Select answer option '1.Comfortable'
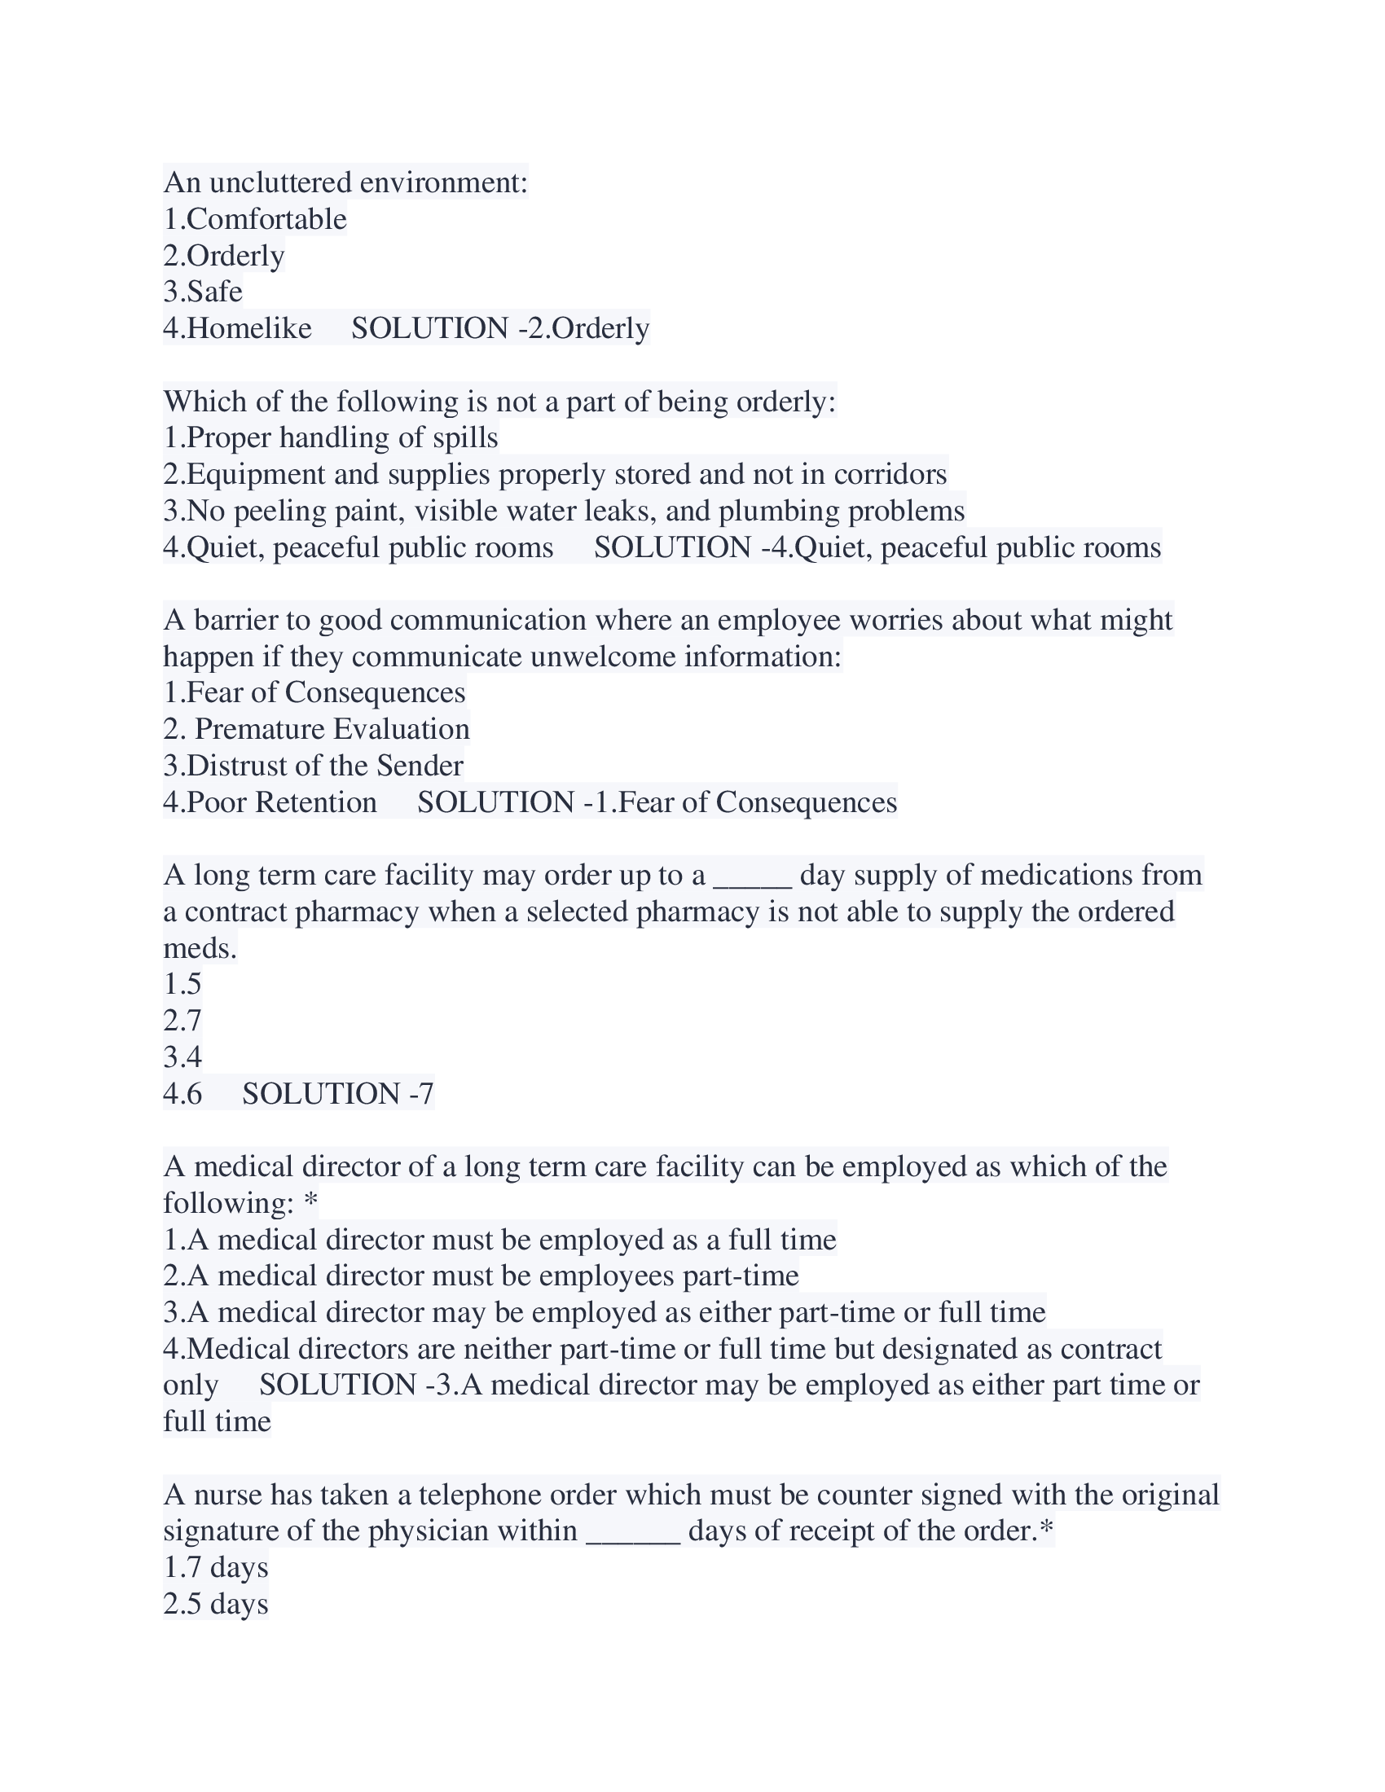pos(255,219)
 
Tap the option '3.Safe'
pos(203,292)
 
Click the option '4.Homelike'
pos(237,328)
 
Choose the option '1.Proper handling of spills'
pos(331,437)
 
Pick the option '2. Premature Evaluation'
pos(317,729)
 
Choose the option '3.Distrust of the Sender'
pos(314,766)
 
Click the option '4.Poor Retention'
pos(270,802)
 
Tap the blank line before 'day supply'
pos(753,876)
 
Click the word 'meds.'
pos(200,947)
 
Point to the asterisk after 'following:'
pos(310,1203)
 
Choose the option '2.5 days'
pos(216,1603)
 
